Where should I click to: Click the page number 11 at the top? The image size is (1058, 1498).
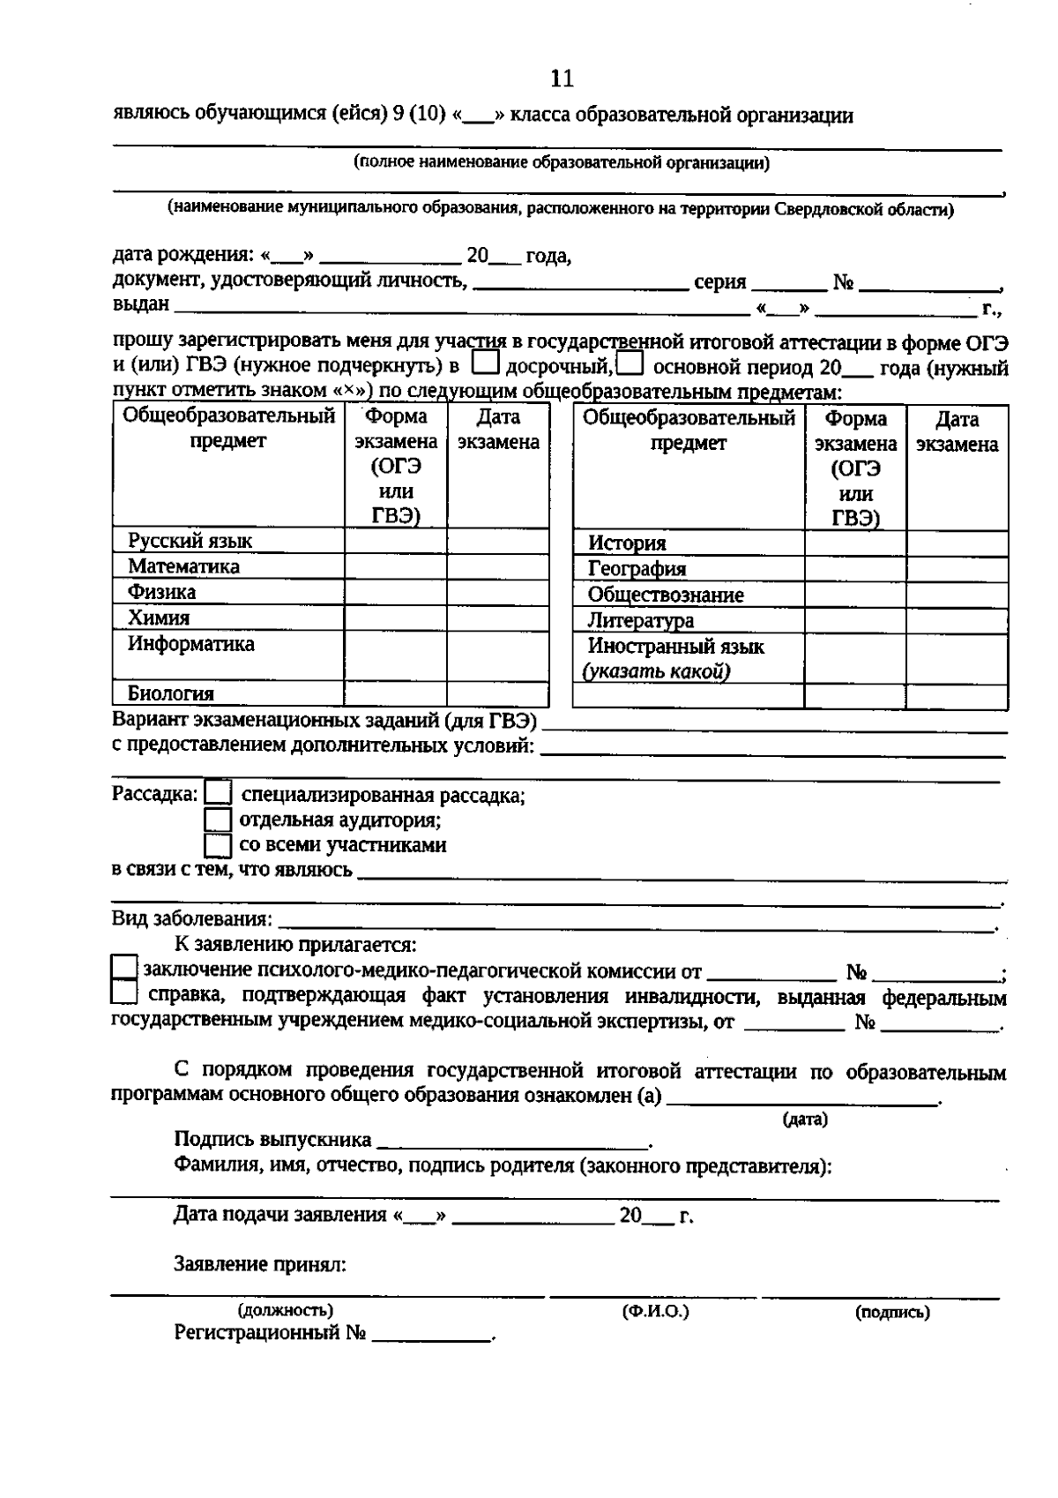pos(562,79)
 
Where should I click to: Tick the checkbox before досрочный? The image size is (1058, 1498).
pos(486,363)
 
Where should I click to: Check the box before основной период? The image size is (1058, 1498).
pos(630,363)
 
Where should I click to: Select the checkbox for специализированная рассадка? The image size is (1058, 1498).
pos(218,793)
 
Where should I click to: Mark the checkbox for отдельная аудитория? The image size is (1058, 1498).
pos(218,820)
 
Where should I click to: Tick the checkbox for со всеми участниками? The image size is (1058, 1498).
pos(218,845)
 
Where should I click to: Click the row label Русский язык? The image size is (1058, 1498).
pos(190,541)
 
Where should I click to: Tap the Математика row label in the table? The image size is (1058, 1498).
pos(183,566)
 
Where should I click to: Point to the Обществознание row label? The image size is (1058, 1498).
pos(666,595)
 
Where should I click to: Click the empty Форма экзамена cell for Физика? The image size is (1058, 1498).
pos(395,592)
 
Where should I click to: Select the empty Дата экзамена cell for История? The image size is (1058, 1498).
pos(957,543)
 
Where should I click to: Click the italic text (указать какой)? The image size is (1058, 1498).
pos(655,672)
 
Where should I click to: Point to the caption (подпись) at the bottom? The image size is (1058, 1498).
pos(891,1312)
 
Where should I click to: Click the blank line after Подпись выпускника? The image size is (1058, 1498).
pos(511,1142)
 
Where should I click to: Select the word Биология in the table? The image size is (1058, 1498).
pos(171,693)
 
